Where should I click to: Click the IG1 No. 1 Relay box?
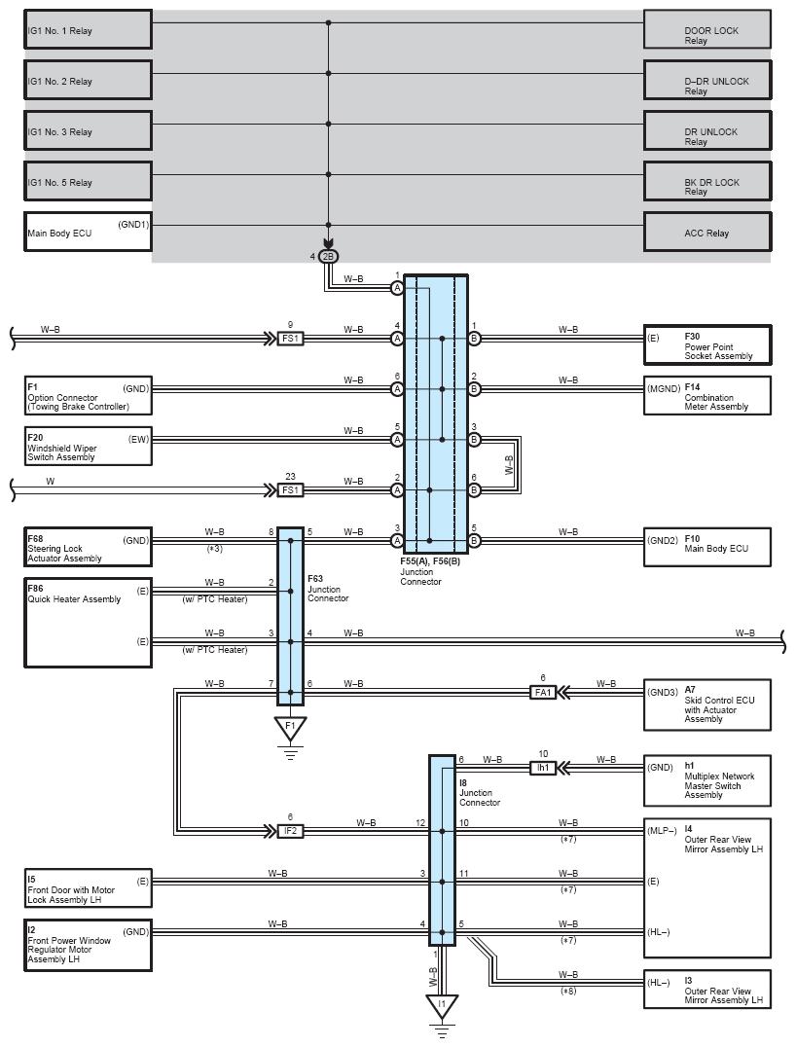coord(89,29)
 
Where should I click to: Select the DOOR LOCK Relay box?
coord(707,29)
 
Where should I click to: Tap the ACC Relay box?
coord(707,232)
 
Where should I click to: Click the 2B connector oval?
coord(328,257)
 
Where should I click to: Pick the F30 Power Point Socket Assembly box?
coord(707,344)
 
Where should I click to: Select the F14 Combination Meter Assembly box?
coord(707,395)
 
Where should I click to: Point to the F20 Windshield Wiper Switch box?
coord(89,446)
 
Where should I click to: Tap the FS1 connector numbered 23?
coord(291,490)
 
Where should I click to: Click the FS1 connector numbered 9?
coord(291,339)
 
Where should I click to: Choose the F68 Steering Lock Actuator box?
coord(89,547)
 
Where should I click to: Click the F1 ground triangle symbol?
coord(291,728)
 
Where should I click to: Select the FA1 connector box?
coord(543,693)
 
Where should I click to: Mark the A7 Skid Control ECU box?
coord(707,704)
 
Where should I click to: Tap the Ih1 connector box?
coord(543,768)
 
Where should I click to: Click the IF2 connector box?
coord(291,831)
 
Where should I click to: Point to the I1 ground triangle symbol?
coord(442,1006)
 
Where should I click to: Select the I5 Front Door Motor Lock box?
coord(89,888)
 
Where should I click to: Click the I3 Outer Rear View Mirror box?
coord(707,989)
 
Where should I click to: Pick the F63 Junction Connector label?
coord(328,589)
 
